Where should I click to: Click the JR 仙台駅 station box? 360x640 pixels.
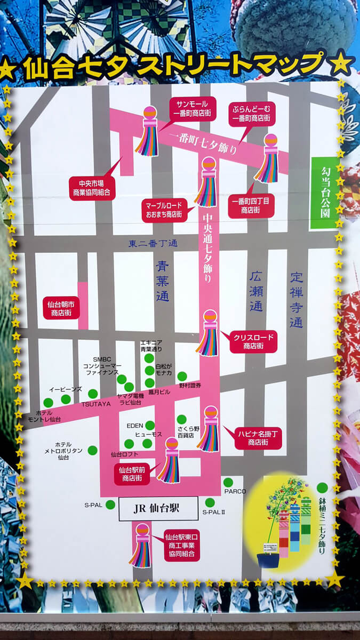tap(158, 508)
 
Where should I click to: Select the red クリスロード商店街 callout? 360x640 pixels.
tap(253, 341)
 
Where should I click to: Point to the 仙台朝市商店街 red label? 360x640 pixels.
tap(61, 308)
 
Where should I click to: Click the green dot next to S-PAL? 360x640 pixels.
tap(110, 505)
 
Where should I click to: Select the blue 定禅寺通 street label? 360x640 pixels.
tap(297, 300)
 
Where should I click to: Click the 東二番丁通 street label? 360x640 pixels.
tap(153, 243)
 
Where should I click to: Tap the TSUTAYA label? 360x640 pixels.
tap(96, 404)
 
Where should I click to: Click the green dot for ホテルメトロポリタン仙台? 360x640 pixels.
tap(93, 450)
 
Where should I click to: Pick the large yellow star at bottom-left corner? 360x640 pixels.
tap(25, 580)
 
